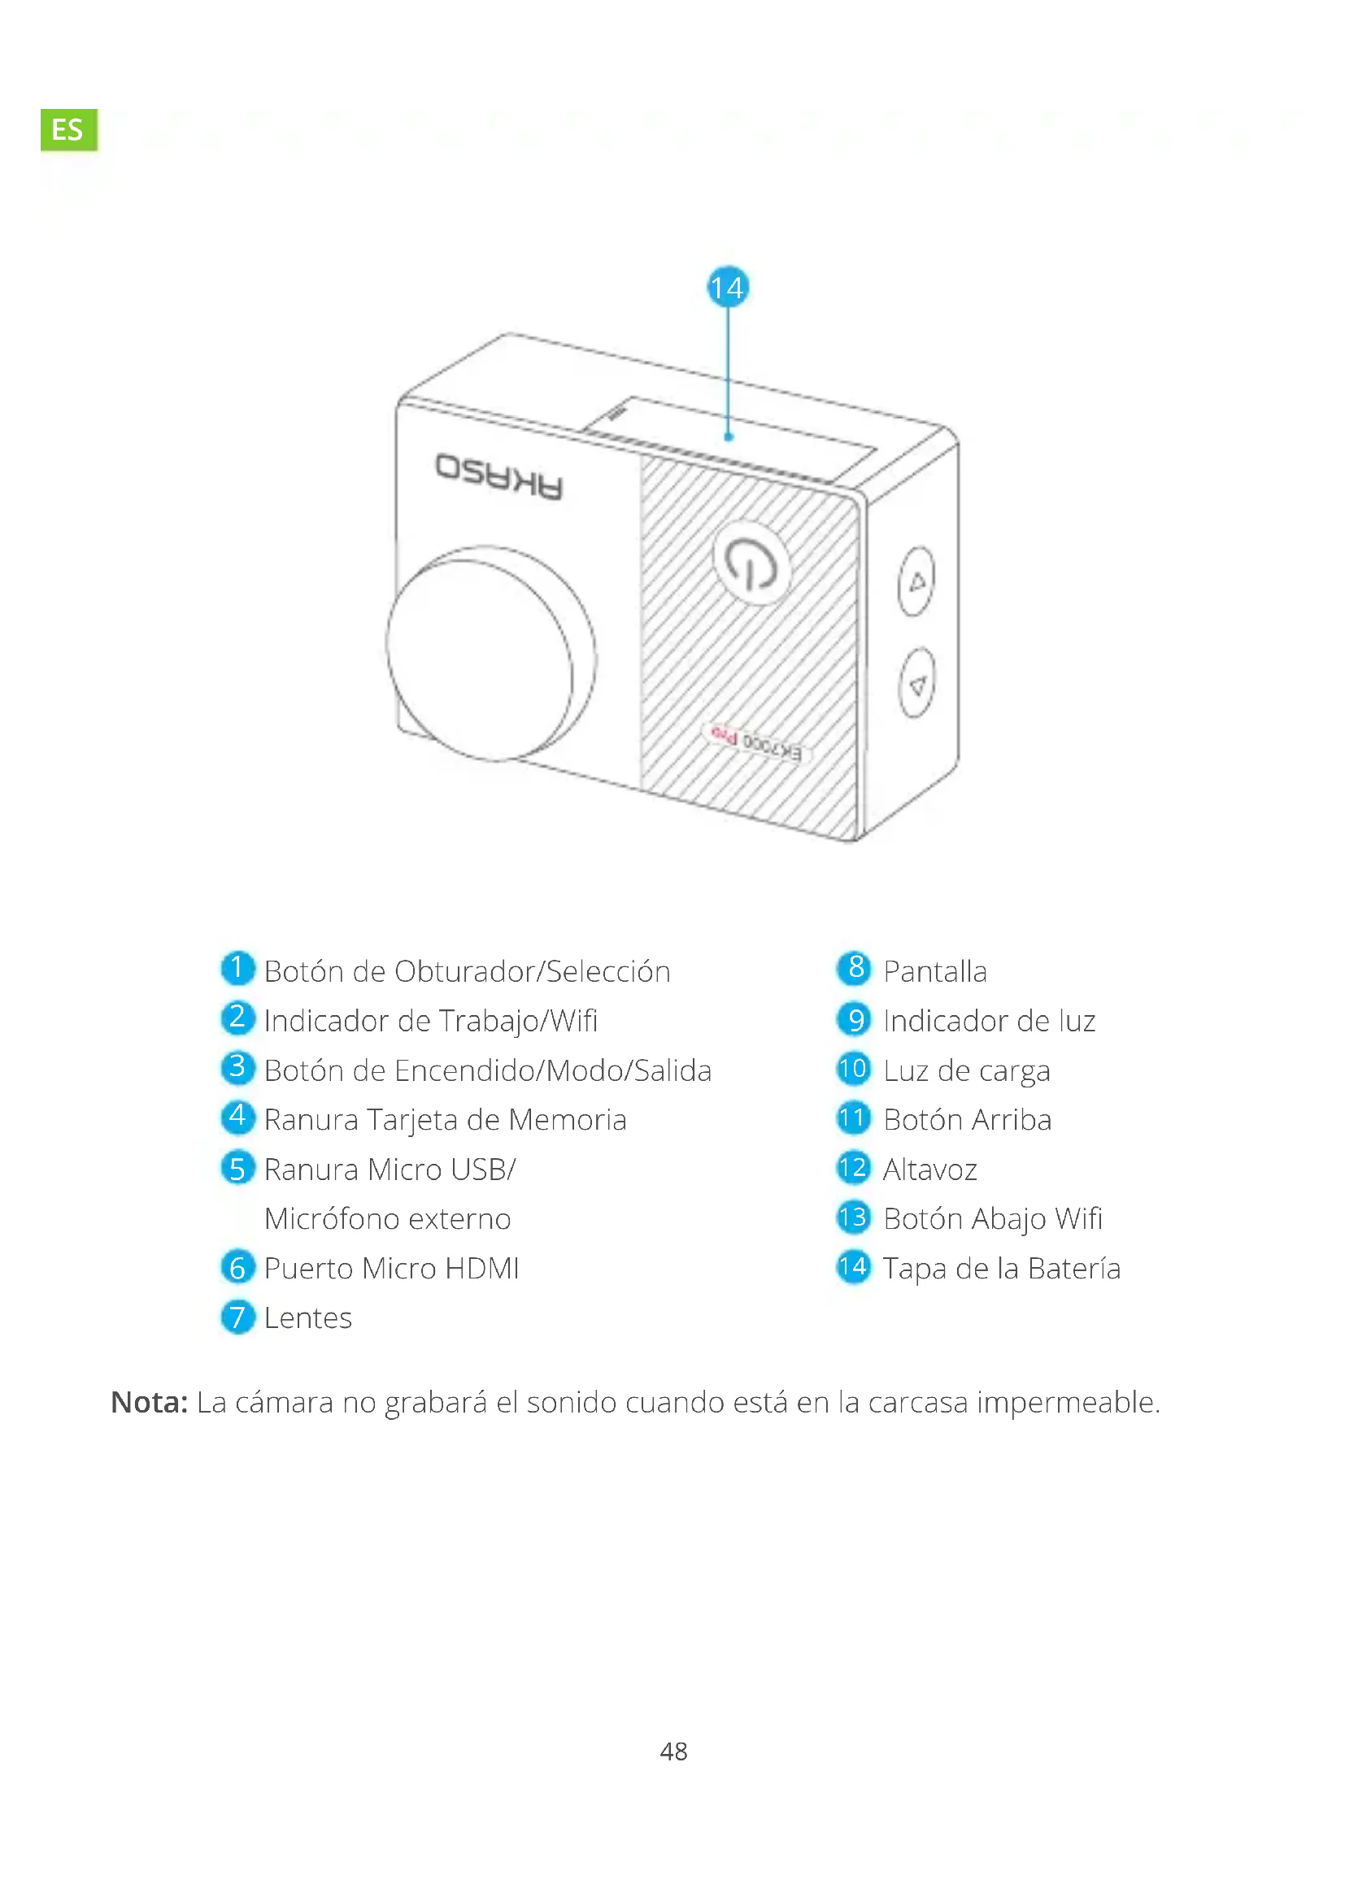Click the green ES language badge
(x=68, y=128)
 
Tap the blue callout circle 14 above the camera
(x=727, y=287)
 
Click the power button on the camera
(x=752, y=563)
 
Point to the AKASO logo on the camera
(x=499, y=476)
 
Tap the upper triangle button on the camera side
(x=916, y=581)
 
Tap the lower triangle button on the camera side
(x=916, y=684)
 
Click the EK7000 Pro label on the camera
(x=755, y=742)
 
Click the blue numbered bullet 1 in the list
(x=237, y=968)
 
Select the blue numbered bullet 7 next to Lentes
(x=237, y=1317)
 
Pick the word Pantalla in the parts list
(x=935, y=971)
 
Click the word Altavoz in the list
(x=930, y=1169)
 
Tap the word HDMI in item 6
(x=482, y=1268)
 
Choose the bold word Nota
(x=149, y=1402)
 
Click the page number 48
(x=673, y=1751)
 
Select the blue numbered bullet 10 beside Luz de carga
(x=853, y=1069)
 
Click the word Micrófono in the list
(x=331, y=1219)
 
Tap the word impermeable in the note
(x=1069, y=1402)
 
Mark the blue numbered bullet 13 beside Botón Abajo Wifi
(x=853, y=1217)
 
